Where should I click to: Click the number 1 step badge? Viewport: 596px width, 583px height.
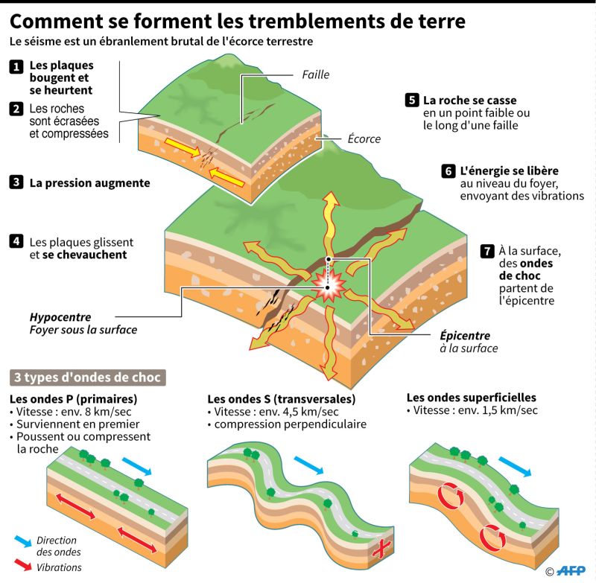[x=16, y=67]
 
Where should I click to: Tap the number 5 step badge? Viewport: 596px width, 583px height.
[x=412, y=101]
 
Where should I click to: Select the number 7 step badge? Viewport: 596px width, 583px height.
[x=487, y=251]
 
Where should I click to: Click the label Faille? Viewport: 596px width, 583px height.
[x=315, y=74]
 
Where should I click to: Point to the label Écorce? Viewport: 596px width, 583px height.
[x=364, y=138]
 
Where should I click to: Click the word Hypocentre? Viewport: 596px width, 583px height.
[x=60, y=317]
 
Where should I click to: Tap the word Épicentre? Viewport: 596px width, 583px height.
[x=465, y=335]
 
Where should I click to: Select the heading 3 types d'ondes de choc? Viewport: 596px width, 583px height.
[x=87, y=377]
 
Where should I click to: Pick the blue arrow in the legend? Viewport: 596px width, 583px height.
[x=23, y=541]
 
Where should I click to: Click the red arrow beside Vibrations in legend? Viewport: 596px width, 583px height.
[x=23, y=565]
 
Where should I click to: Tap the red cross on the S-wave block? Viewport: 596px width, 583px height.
[x=381, y=548]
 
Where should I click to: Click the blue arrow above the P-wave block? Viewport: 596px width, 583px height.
[x=137, y=466]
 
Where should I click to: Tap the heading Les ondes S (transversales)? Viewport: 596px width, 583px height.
[x=282, y=399]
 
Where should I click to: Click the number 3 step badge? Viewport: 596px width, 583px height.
[x=16, y=182]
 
